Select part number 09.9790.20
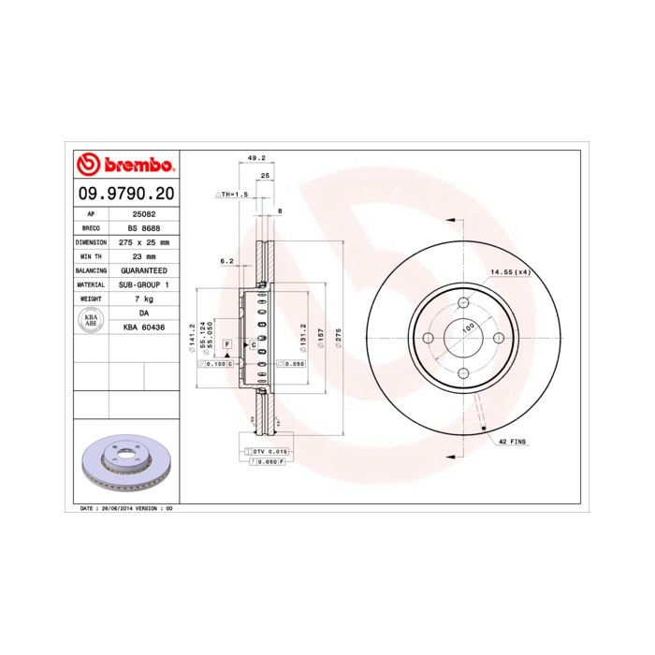point(124,195)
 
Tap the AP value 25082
point(143,214)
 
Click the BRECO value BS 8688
point(143,227)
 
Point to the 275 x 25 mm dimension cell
point(143,241)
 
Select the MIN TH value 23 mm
point(143,255)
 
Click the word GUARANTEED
point(143,269)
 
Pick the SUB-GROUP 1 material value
point(143,284)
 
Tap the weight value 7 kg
point(143,298)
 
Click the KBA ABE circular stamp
point(92,319)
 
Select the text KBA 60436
point(143,327)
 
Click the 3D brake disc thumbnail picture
point(124,464)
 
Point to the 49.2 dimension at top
point(254,157)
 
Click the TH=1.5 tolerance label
point(233,195)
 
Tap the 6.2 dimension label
point(226,261)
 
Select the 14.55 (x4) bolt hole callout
point(510,272)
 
